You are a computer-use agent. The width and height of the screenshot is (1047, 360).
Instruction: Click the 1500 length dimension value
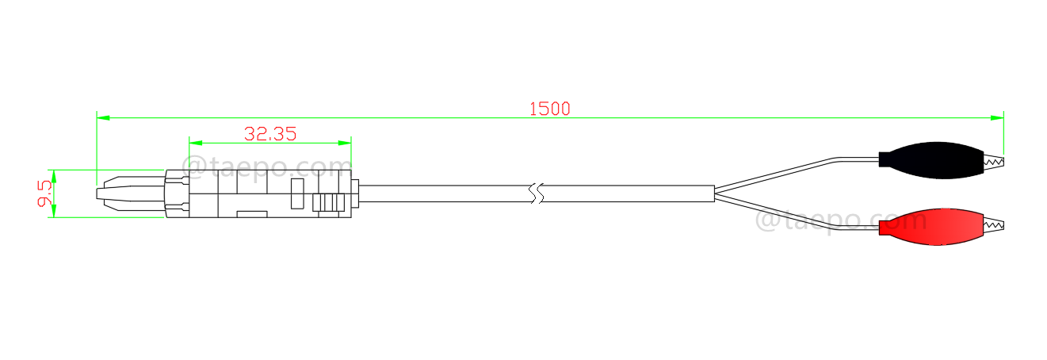tap(549, 109)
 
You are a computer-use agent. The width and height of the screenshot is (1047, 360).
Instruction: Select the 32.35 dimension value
tap(270, 134)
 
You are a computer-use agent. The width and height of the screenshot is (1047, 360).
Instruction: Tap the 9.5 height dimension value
tap(44, 193)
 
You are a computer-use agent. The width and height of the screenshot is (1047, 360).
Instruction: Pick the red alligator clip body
tap(932, 228)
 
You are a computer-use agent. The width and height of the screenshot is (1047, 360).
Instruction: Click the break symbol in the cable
tap(537, 193)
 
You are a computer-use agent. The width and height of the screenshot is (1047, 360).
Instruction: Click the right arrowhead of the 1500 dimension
tap(998, 117)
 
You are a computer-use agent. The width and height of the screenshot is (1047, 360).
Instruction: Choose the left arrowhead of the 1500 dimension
tap(102, 117)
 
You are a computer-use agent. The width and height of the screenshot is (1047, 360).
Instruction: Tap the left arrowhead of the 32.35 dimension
tap(195, 144)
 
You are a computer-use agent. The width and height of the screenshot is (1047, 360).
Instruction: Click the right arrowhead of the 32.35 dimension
tap(345, 144)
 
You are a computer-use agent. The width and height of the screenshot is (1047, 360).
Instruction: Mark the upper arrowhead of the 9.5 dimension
tap(53, 174)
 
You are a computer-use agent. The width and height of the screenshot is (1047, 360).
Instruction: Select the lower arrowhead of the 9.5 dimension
tap(53, 212)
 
